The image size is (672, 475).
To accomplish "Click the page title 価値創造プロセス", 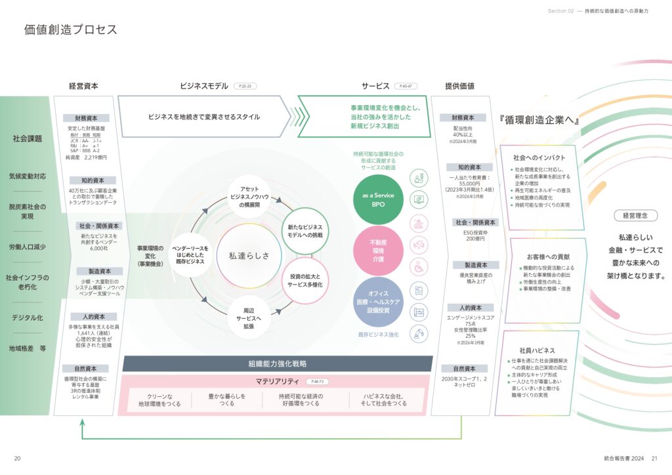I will click(x=71, y=30).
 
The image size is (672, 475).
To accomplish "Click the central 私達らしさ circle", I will click(x=249, y=255).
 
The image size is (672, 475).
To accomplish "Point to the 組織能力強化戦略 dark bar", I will click(x=277, y=363).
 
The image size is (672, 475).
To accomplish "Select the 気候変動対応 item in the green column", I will click(x=27, y=176).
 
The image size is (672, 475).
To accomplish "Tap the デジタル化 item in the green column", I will click(x=27, y=318).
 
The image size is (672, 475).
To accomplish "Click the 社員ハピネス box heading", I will click(x=537, y=350).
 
